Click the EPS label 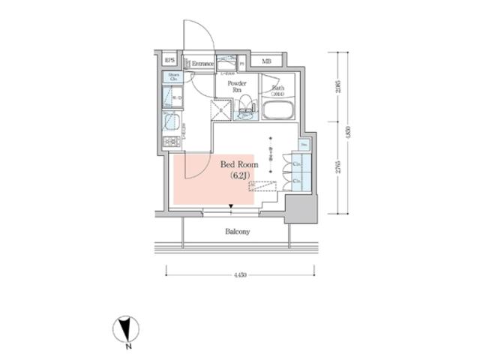coord(170,61)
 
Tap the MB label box coord(266,61)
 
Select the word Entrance coord(202,64)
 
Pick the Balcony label coord(238,232)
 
